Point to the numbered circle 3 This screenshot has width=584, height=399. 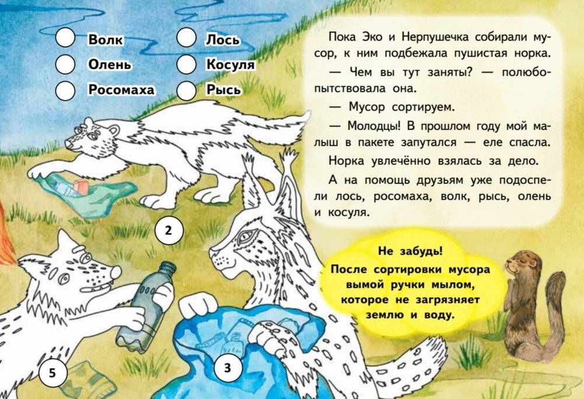227,368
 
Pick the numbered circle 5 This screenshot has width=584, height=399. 52,372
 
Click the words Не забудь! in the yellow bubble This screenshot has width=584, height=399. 410,252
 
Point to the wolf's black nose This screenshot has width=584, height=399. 116,270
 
